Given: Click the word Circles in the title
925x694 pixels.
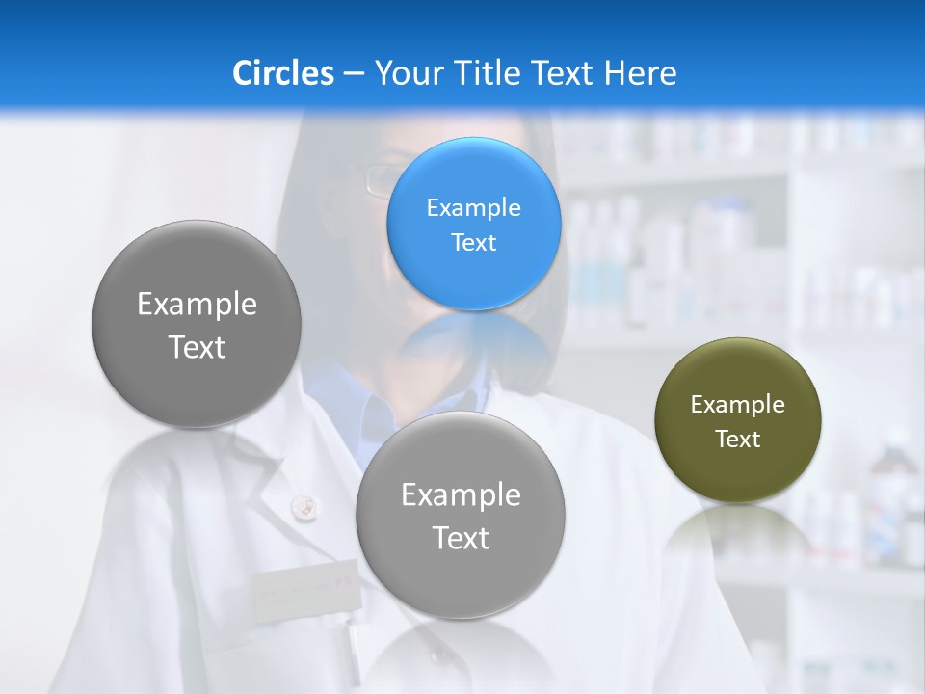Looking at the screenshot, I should [x=282, y=72].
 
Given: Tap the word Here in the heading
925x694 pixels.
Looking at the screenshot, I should [x=640, y=72].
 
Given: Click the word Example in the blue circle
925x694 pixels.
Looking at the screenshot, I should [x=473, y=207].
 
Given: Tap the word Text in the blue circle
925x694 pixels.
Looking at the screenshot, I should [x=473, y=242].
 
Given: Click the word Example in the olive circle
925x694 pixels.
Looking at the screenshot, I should [x=737, y=404].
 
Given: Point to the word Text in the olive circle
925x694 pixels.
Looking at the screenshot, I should [x=737, y=439].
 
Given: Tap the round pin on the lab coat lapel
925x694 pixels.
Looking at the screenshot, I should [x=303, y=503].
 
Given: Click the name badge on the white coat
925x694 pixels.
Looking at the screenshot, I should [x=304, y=589].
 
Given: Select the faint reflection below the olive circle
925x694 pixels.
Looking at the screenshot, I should [x=737, y=530].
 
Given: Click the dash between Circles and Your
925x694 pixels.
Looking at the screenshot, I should [x=354, y=73].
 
